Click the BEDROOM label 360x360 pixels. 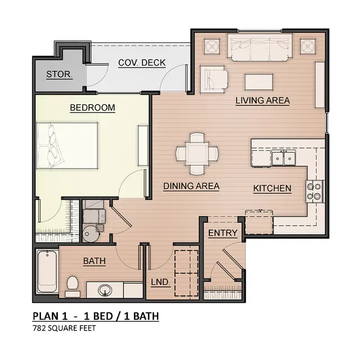tap(92, 107)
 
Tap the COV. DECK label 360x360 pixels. tap(142, 62)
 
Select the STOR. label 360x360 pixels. tap(59, 74)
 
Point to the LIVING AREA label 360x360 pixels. tap(263, 101)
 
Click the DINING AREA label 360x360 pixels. tap(191, 186)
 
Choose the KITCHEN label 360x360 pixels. tap(272, 188)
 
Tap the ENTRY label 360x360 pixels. tap(223, 233)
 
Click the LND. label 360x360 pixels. tap(160, 282)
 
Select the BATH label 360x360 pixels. tap(94, 261)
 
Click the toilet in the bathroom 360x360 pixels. tap(73, 286)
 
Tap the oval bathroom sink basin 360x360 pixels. tap(105, 290)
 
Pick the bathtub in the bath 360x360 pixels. tap(47, 271)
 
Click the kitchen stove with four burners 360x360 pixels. tap(314, 191)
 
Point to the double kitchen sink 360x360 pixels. tap(283, 157)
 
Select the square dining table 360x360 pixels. tap(197, 153)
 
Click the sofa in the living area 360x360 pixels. tap(260, 47)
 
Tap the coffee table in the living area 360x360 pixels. tap(259, 82)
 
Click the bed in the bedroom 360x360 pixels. tap(67, 146)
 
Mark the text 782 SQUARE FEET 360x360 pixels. tap(64, 328)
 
